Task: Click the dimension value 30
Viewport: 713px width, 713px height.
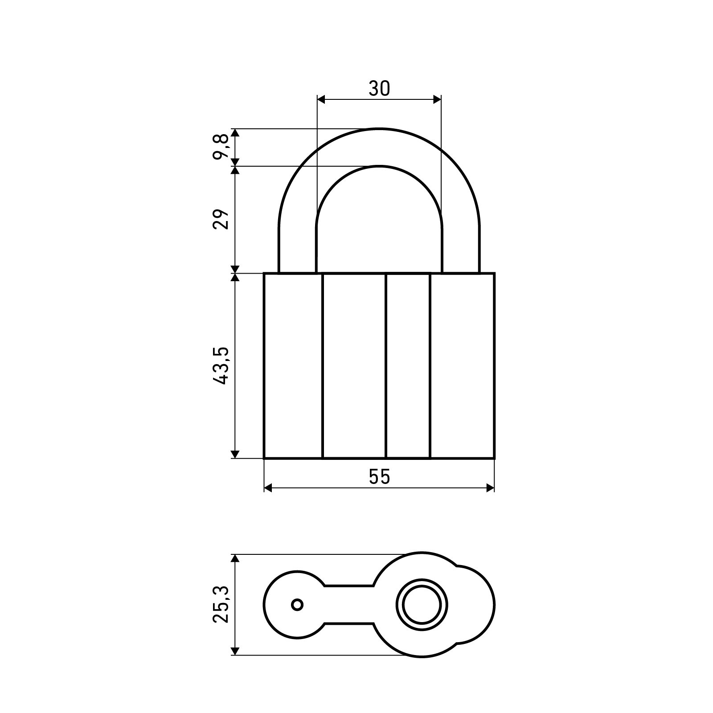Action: (x=379, y=89)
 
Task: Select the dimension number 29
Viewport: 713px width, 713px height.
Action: (x=221, y=219)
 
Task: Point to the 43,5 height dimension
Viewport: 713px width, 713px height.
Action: (x=221, y=365)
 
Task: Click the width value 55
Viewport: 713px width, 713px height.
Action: (x=379, y=477)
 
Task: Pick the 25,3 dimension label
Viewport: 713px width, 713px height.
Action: (x=221, y=605)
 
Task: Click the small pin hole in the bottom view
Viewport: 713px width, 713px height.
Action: (x=297, y=605)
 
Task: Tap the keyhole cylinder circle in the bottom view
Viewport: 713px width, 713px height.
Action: (x=422, y=605)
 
